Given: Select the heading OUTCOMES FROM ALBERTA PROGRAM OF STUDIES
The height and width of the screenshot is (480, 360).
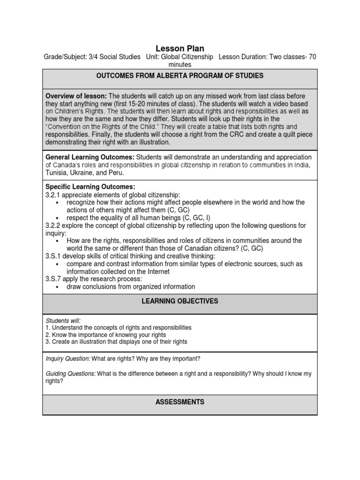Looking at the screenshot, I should pyautogui.click(x=180, y=75).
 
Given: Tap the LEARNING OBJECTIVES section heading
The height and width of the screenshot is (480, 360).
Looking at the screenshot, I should pyautogui.click(x=180, y=301).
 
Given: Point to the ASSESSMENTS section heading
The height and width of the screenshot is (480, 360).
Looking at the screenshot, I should pyautogui.click(x=180, y=402).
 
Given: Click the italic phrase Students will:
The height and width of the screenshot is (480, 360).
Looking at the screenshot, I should pyautogui.click(x=60, y=320).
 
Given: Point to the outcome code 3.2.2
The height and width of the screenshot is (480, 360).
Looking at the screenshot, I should pyautogui.click(x=52, y=225).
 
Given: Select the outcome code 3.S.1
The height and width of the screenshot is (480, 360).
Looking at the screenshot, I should pyautogui.click(x=52, y=255).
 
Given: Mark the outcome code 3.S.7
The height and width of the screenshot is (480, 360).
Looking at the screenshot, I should pyautogui.click(x=52, y=278).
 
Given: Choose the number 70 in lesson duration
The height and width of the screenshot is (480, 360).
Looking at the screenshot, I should pyautogui.click(x=312, y=57).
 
